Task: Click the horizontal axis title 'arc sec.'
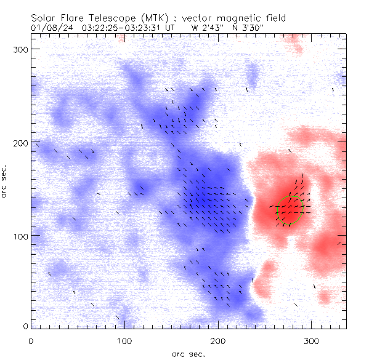coord(188,353)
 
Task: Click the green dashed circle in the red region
coord(290,210)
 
